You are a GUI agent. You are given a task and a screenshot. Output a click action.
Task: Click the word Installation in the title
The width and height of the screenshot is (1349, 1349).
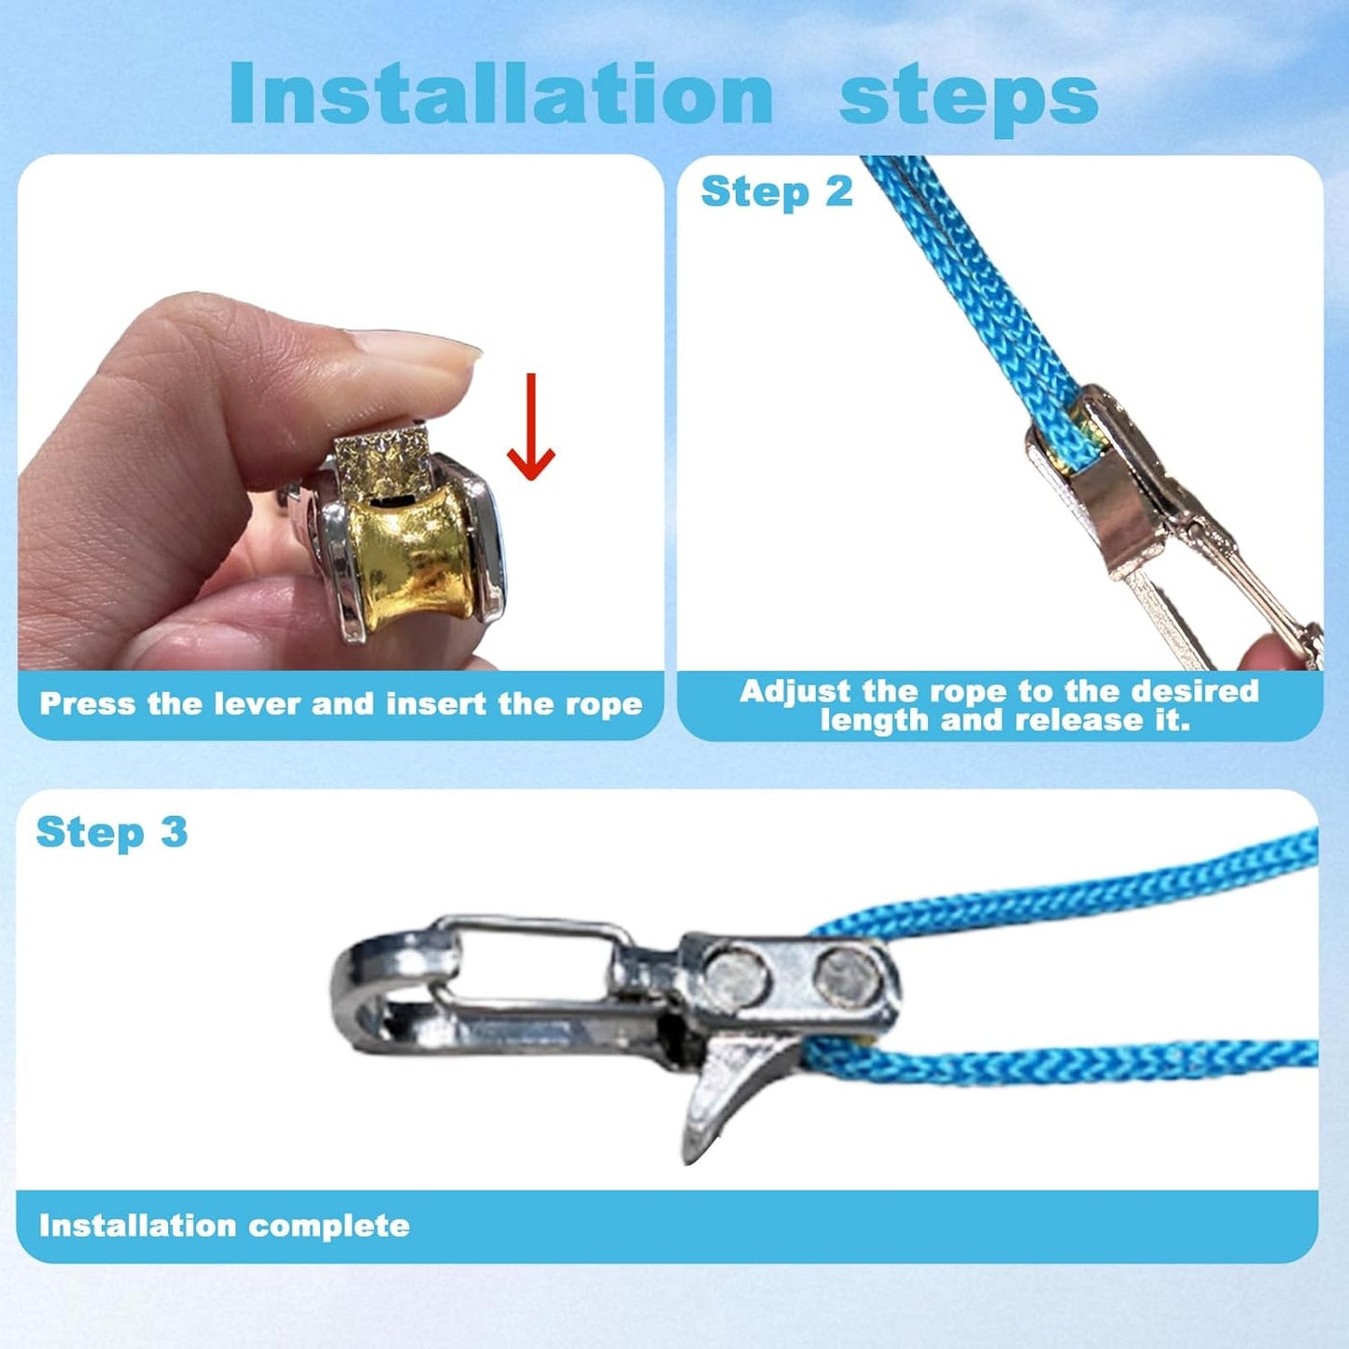[x=500, y=92]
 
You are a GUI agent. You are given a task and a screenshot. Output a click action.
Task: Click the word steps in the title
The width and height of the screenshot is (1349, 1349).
[x=968, y=98]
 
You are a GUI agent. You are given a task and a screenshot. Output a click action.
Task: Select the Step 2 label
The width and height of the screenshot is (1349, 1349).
[x=777, y=192]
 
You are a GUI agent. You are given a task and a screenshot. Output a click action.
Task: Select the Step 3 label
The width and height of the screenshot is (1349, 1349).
[x=112, y=832]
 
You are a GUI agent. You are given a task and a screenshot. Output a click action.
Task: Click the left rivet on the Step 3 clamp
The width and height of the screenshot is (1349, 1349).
[x=736, y=977]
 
